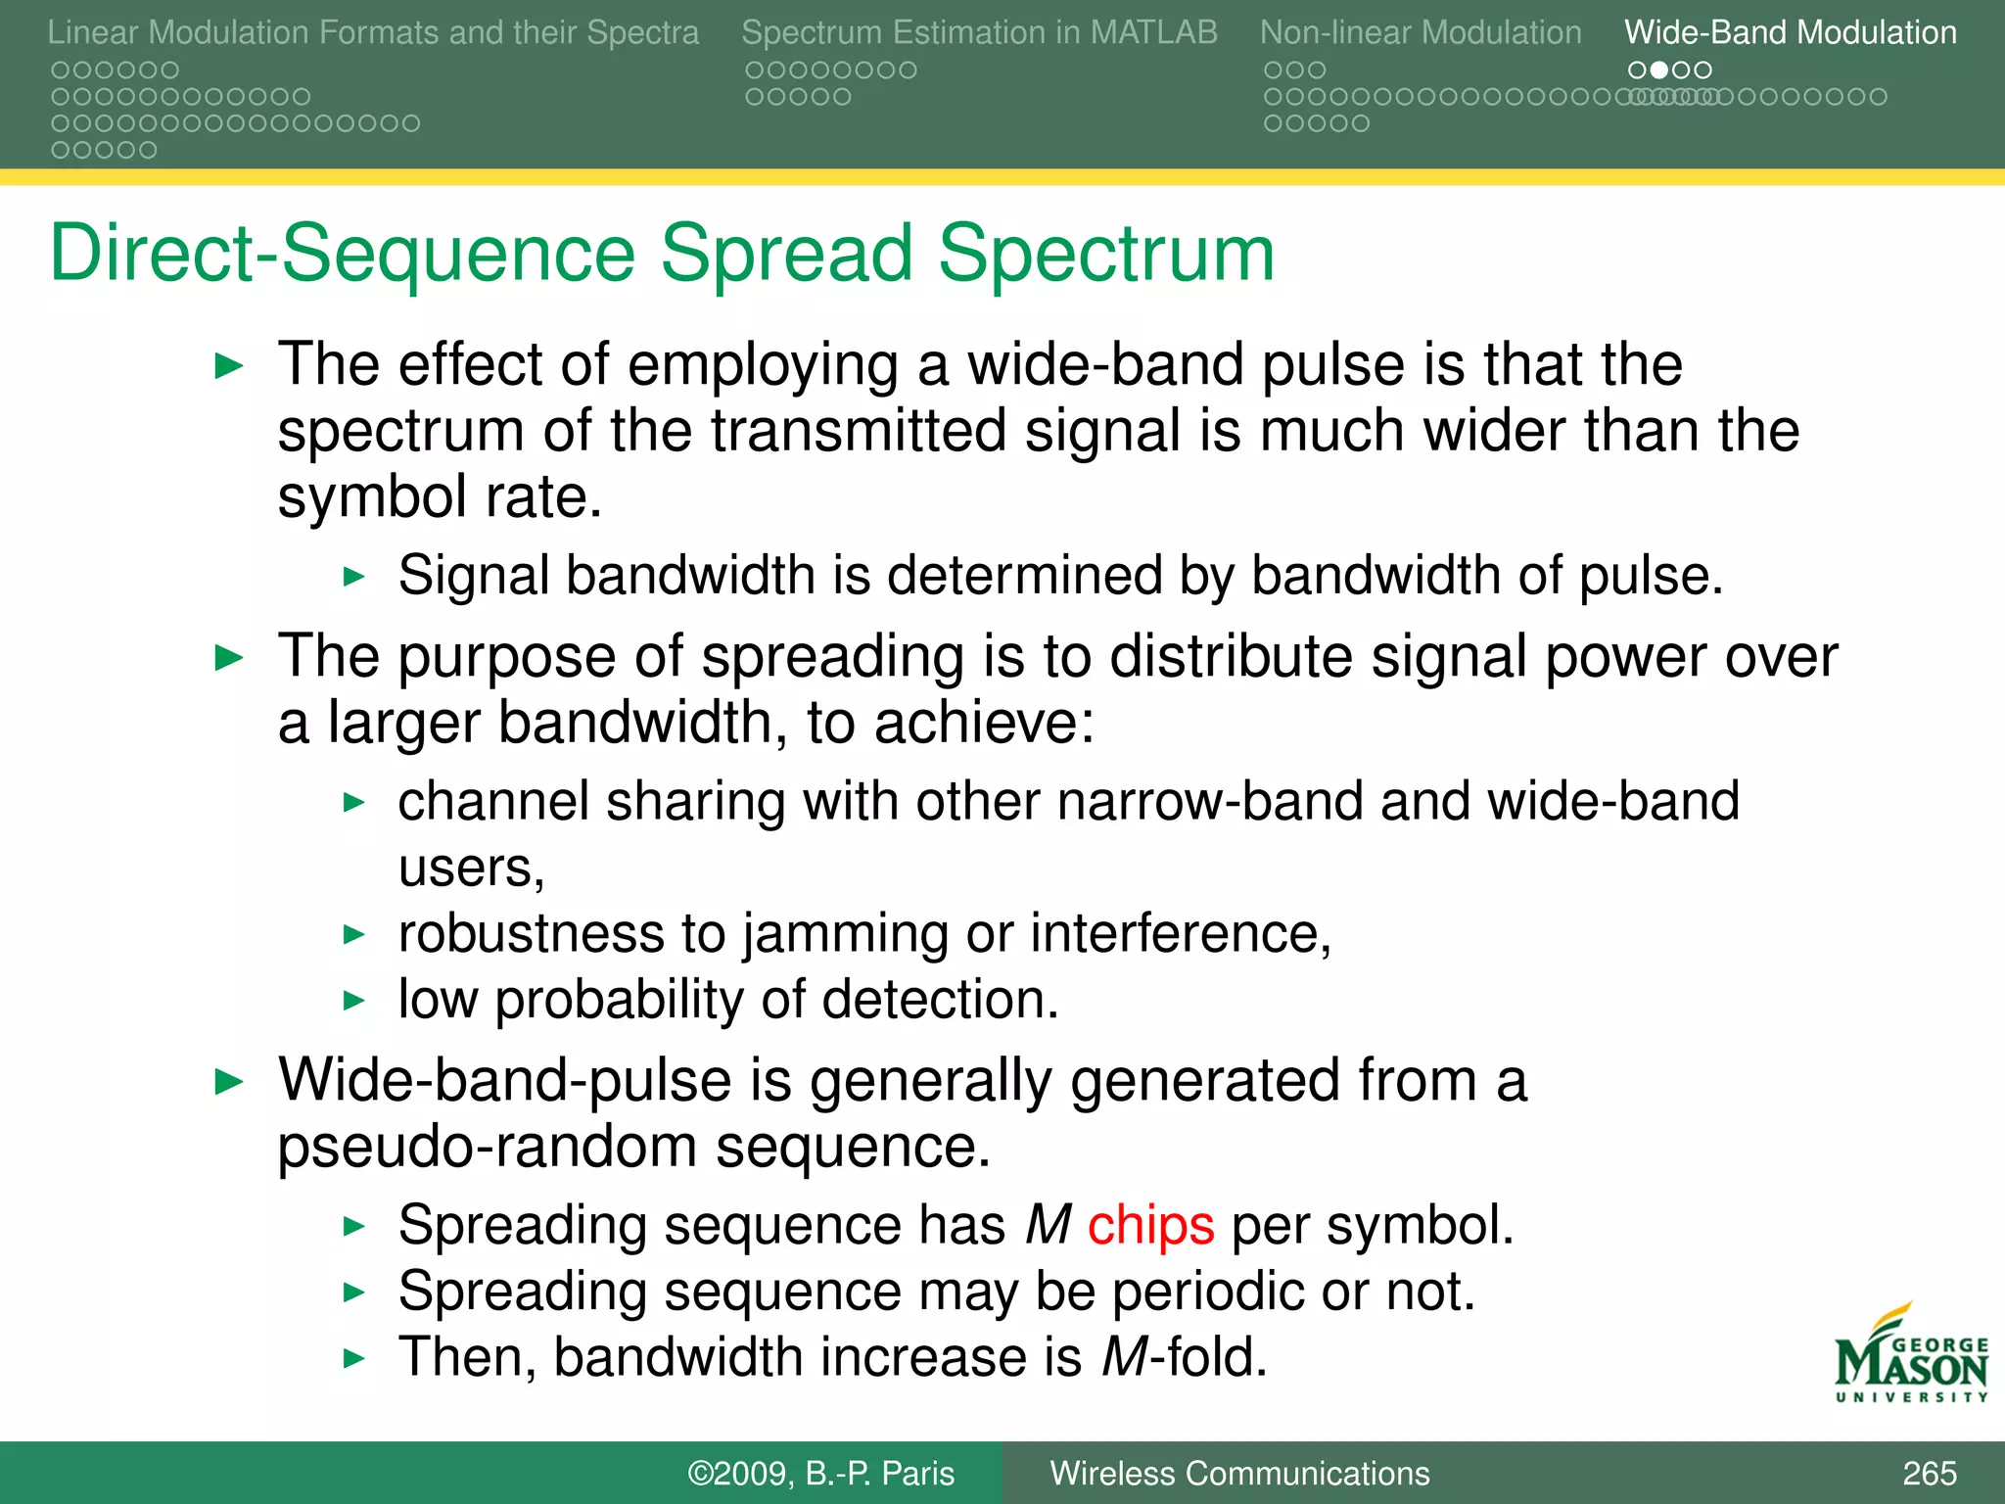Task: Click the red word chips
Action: point(1150,1226)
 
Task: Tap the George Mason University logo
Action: point(1911,1356)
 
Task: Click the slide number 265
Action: point(1929,1474)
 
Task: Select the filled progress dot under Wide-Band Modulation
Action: point(1658,70)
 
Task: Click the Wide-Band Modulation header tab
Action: point(1790,32)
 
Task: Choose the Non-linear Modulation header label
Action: point(1420,32)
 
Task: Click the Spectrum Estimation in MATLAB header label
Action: point(979,32)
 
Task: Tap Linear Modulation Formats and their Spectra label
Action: point(373,32)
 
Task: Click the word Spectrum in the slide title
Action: point(1106,255)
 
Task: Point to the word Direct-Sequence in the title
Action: point(343,255)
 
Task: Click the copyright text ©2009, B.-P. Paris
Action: point(820,1474)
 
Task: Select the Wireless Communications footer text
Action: point(1239,1474)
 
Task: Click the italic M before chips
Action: point(1049,1226)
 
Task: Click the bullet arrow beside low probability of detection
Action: point(354,1001)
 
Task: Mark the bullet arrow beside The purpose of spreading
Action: point(228,658)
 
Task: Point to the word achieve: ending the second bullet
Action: point(984,725)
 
